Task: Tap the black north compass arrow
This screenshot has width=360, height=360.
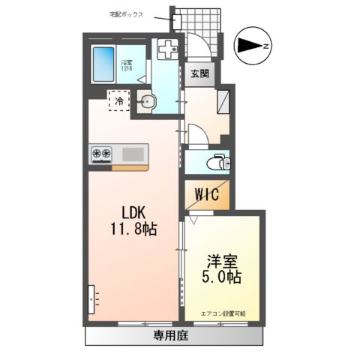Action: pos(248,46)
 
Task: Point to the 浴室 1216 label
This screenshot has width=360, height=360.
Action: pos(127,66)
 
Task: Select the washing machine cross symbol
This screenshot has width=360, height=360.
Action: pos(166,48)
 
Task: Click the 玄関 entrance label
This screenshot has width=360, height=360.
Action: pos(199,75)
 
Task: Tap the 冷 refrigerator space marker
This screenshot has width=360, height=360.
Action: pos(118,100)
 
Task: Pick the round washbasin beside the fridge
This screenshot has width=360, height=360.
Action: pos(146,103)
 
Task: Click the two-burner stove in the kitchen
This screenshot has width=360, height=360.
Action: pos(102,154)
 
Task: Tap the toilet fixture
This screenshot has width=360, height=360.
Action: pos(218,160)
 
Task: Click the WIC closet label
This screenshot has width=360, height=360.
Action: pos(207,196)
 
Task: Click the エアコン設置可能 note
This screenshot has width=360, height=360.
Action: pos(223,313)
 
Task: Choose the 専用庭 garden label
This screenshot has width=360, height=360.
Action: pos(172,335)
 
